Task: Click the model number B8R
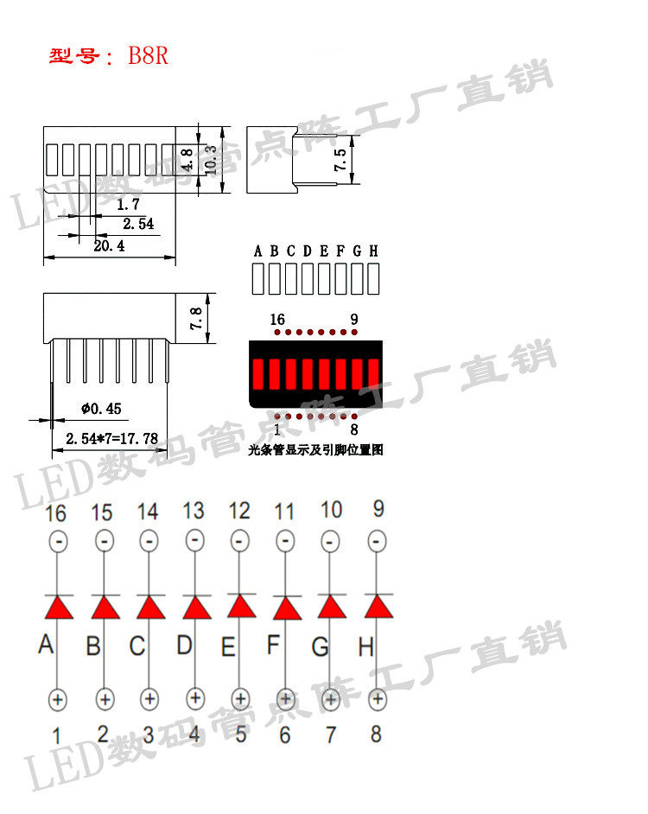point(149,57)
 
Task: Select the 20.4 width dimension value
point(109,246)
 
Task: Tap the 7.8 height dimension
point(196,320)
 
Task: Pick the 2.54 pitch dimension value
point(138,225)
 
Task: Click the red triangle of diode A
point(57,607)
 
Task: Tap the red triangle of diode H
point(378,607)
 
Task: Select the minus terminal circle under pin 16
point(57,542)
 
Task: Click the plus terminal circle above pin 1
point(57,698)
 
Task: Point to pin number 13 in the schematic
point(194,511)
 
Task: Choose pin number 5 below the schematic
point(240,735)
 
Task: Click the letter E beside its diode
point(228,645)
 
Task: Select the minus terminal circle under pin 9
point(377,542)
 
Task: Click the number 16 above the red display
point(276,319)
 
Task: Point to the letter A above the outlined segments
point(257,251)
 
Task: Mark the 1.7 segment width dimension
point(128,206)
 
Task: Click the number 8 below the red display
point(354,429)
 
